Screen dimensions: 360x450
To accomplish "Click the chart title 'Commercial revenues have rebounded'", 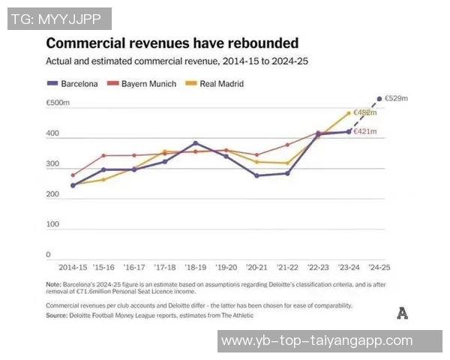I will click(172, 43).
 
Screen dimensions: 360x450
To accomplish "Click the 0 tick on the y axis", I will click(48, 255).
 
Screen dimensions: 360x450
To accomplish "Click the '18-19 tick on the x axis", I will click(195, 267).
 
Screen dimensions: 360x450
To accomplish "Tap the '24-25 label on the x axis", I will click(379, 267).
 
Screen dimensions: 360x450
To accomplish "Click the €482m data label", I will click(364, 112).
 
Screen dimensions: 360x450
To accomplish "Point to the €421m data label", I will click(364, 132).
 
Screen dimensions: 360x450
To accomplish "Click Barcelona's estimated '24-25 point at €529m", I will click(379, 98).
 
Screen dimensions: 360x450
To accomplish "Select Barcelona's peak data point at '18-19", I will click(195, 143).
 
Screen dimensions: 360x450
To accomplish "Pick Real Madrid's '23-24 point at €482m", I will click(349, 113).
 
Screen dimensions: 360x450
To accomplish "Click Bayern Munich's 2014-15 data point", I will click(73, 175).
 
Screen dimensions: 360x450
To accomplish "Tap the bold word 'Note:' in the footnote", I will click(53, 283).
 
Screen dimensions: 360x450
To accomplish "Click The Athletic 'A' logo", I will click(402, 313).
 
